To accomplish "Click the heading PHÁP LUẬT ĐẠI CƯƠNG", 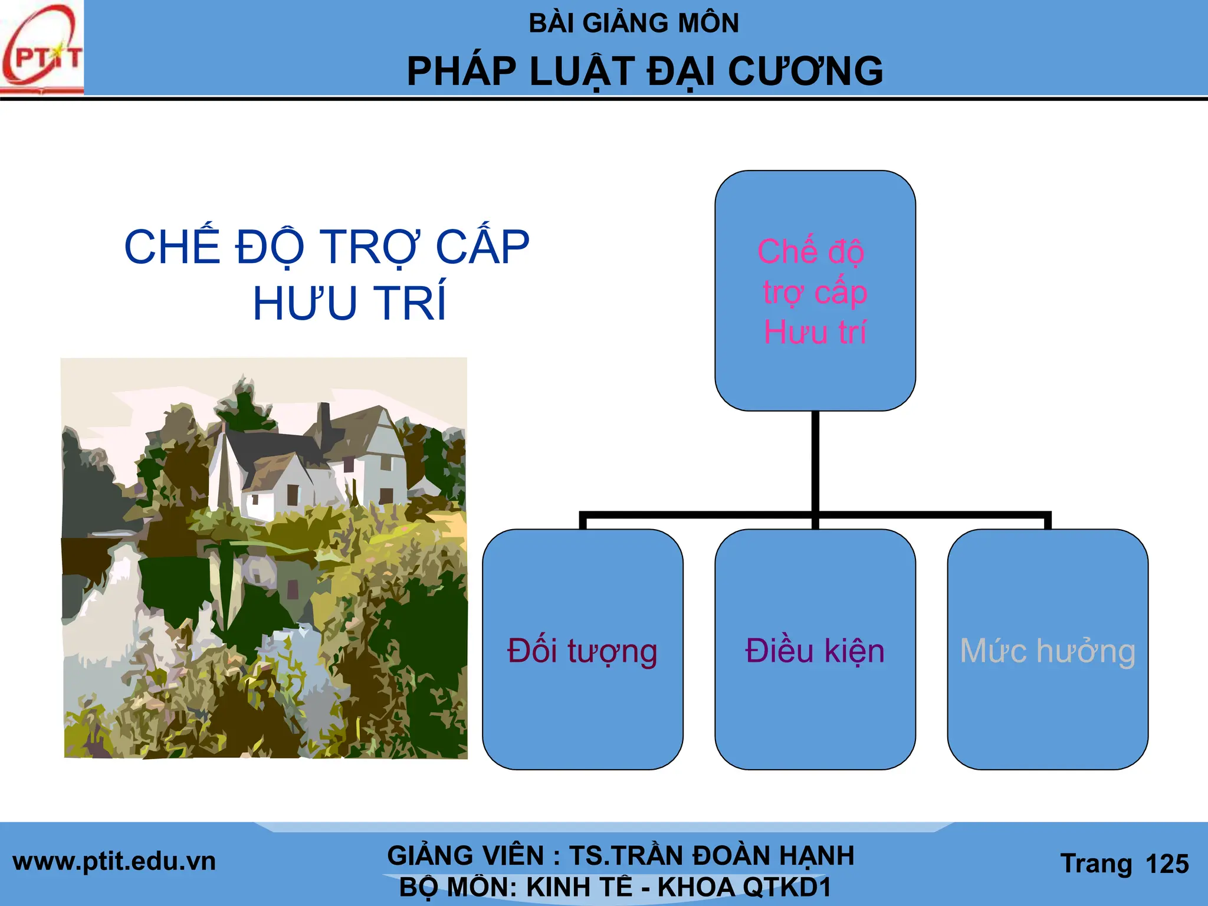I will tap(645, 72).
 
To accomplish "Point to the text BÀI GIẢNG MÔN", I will tap(633, 24).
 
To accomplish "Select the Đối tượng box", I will tap(582, 649).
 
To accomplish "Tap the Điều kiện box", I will tap(815, 649).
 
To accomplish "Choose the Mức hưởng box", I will tap(1047, 649).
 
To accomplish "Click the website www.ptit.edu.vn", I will tap(114, 862).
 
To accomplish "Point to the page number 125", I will tap(1167, 864).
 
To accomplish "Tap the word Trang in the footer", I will tap(1096, 864).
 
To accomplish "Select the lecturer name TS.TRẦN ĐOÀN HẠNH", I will tap(711, 855).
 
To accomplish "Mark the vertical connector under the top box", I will tap(815, 460).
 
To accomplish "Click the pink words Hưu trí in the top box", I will tap(815, 332).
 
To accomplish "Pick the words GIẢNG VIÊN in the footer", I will tap(465, 855).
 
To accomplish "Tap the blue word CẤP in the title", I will tap(482, 247).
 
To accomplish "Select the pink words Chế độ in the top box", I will tap(811, 252).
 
